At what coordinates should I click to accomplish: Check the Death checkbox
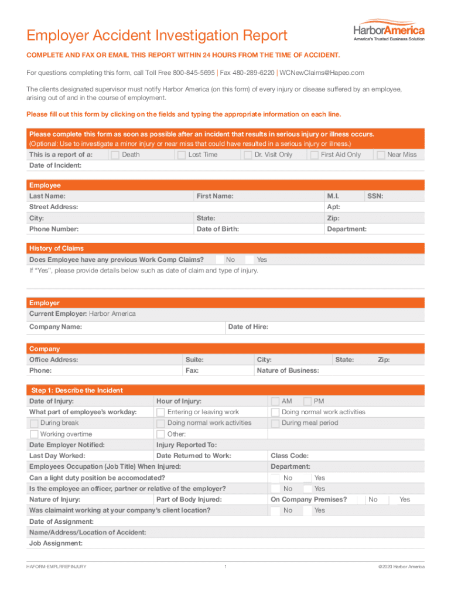click(115, 155)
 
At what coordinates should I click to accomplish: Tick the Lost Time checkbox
click(182, 155)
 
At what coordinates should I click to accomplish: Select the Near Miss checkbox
click(381, 155)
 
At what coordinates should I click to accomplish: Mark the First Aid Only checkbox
click(315, 155)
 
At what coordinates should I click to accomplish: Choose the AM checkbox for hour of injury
click(275, 401)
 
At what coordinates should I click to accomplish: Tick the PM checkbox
click(307, 401)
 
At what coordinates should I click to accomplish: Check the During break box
click(34, 423)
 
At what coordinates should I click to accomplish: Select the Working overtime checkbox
click(34, 434)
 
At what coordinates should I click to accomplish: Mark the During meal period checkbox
click(275, 423)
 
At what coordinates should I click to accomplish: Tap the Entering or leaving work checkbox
click(160, 412)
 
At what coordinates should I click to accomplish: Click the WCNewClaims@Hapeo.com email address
click(322, 73)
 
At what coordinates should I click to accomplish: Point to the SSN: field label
click(375, 196)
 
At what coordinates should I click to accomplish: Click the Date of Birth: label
click(218, 229)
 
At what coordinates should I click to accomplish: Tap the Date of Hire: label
click(248, 326)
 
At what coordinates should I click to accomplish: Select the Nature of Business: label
click(288, 370)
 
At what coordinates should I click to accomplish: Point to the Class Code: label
click(289, 456)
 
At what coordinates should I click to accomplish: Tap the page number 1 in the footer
click(225, 567)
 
